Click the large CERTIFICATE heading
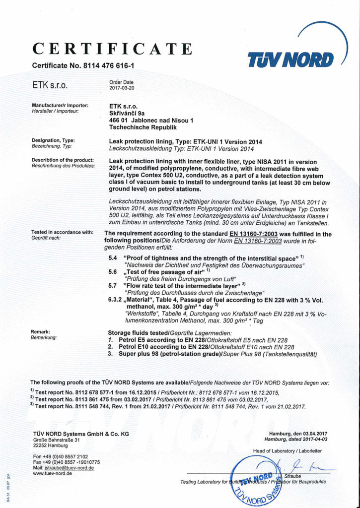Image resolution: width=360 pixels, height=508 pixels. pyautogui.click(x=112, y=50)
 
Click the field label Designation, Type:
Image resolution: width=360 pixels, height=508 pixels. pyautogui.click(x=53, y=141)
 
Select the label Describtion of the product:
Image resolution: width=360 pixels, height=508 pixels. pyautogui.click(x=63, y=160)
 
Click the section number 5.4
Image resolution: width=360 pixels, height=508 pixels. pyautogui.click(x=113, y=258)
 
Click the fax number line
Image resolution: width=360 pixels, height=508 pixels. pyautogui.click(x=66, y=462)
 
